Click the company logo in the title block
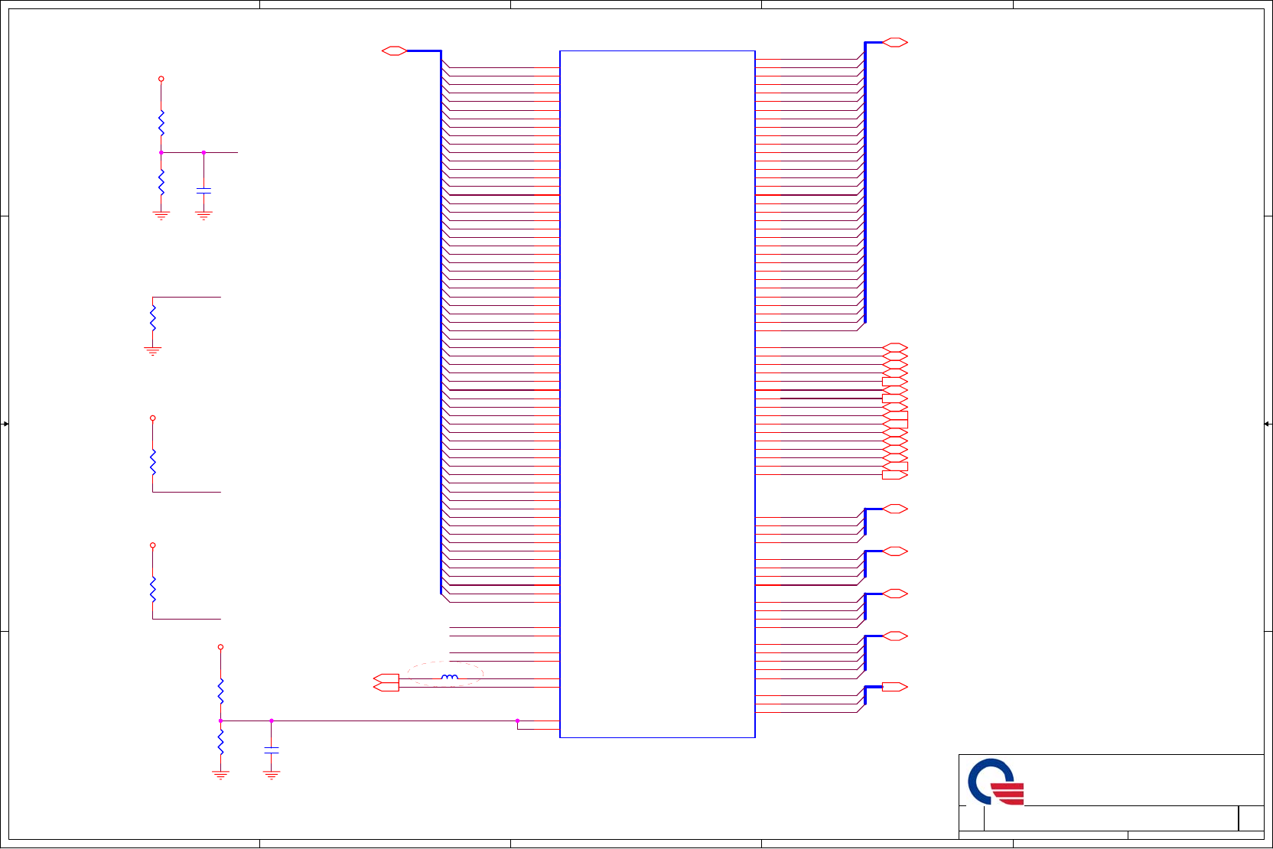[995, 782]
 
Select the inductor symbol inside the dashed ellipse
[450, 677]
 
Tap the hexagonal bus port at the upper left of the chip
[394, 51]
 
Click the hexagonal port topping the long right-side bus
[894, 43]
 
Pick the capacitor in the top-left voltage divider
[203, 190]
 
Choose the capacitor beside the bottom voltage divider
[272, 750]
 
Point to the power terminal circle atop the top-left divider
[161, 79]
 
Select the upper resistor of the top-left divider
[161, 122]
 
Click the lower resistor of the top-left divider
[161, 183]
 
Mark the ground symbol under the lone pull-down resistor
[153, 351]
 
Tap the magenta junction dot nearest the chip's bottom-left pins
[517, 721]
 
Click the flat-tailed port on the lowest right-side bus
[894, 687]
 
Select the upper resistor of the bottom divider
[221, 691]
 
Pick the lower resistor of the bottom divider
[221, 741]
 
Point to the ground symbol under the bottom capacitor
[272, 775]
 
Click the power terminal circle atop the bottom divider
[221, 647]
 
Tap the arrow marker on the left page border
[5, 424]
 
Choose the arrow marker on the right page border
[1267, 424]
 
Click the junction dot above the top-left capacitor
[203, 153]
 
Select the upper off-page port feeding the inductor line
[386, 678]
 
